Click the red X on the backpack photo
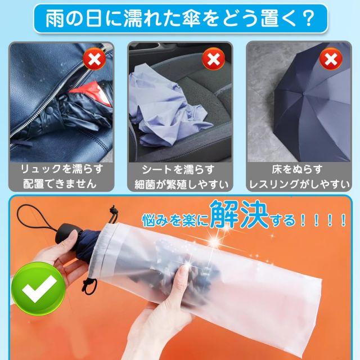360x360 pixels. pos(94,58)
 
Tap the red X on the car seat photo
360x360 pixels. pos(213,58)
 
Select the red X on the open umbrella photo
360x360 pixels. pos(331,58)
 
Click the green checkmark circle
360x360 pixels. pos(38,289)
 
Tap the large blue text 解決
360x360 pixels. pos(238,214)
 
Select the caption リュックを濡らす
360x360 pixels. pos(61,169)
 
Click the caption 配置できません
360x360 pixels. pos(60,184)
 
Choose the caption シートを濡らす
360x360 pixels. pos(178,170)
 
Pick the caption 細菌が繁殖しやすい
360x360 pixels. pos(181,184)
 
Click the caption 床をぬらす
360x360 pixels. pos(298,169)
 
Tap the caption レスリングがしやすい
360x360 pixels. pos(299,184)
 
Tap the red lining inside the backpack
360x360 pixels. pos(93,92)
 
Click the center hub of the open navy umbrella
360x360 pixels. pos(304,94)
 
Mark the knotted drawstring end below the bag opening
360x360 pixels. pos(89,286)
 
